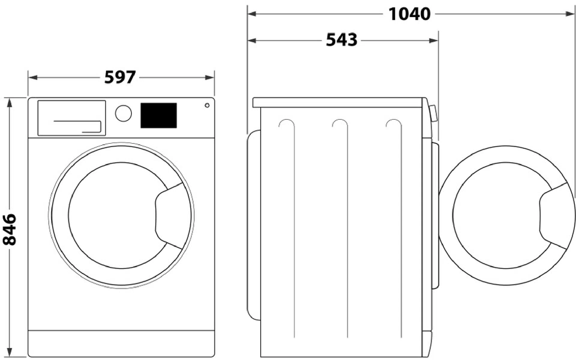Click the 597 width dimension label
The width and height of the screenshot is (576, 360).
[x=120, y=77]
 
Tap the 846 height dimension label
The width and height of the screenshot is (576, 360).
[x=10, y=229]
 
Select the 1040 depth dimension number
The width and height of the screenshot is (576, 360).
[x=409, y=14]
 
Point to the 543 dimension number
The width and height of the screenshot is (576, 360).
[x=342, y=40]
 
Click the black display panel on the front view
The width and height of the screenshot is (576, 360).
[x=159, y=115]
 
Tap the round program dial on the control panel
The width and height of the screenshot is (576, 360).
[x=123, y=113]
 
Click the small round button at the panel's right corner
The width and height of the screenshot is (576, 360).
[x=207, y=105]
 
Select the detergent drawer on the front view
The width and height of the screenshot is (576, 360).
[x=72, y=118]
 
